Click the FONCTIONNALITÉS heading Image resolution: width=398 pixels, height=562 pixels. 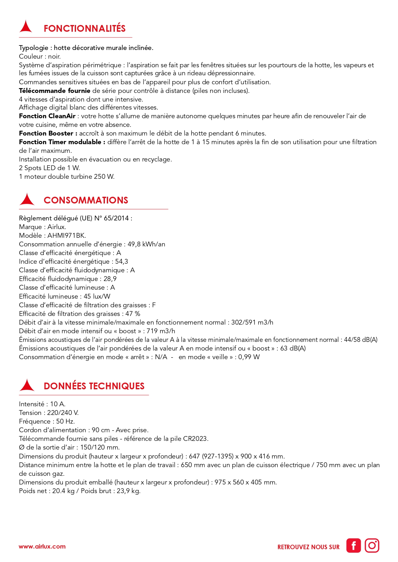(x=85, y=29)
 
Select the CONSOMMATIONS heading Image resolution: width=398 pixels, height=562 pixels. (x=86, y=200)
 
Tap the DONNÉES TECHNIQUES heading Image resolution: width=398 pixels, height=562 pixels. (x=94, y=386)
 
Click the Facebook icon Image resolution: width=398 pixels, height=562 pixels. (x=353, y=546)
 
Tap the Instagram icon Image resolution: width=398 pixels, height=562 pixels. (x=372, y=546)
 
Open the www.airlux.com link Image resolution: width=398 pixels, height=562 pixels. (x=42, y=547)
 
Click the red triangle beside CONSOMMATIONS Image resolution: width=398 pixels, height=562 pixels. (x=27, y=199)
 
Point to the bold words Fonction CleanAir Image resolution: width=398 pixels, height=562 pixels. (x=47, y=116)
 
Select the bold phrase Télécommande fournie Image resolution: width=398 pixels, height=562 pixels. (x=55, y=91)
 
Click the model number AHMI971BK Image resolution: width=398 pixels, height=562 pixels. (x=66, y=236)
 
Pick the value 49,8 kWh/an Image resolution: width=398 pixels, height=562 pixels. (x=146, y=244)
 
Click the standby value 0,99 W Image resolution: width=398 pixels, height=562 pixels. (x=249, y=357)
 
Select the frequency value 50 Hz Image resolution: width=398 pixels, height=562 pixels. (x=65, y=421)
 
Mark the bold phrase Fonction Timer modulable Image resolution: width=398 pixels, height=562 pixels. (x=62, y=142)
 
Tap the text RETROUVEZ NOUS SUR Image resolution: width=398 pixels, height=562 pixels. (x=308, y=547)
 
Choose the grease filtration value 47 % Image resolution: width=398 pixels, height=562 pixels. (x=133, y=314)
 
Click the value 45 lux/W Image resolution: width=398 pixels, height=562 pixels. (x=97, y=296)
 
